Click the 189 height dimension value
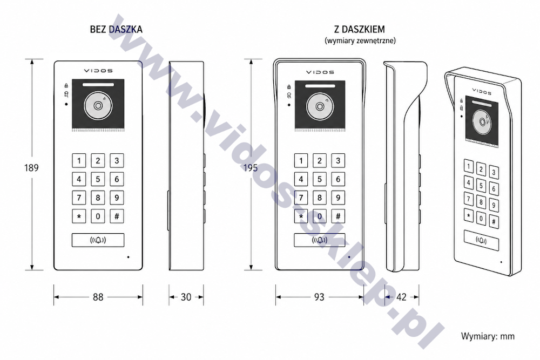[x=31, y=168]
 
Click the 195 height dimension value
[x=251, y=168]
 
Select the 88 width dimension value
[x=98, y=297]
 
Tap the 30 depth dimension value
[x=186, y=297]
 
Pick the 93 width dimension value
[x=319, y=297]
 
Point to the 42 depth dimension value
[x=402, y=297]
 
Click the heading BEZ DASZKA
[x=116, y=29]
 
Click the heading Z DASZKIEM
[x=360, y=29]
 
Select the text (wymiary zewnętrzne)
[x=360, y=40]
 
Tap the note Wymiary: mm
[x=488, y=336]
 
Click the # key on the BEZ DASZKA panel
[x=117, y=216]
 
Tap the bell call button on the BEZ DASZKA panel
[x=98, y=240]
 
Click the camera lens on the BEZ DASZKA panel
[x=98, y=106]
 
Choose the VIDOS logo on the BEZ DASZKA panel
[x=98, y=71]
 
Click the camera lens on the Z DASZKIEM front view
[x=320, y=107]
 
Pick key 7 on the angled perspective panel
[x=468, y=199]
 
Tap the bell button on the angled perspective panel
[x=481, y=240]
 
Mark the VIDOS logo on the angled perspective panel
[x=482, y=91]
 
